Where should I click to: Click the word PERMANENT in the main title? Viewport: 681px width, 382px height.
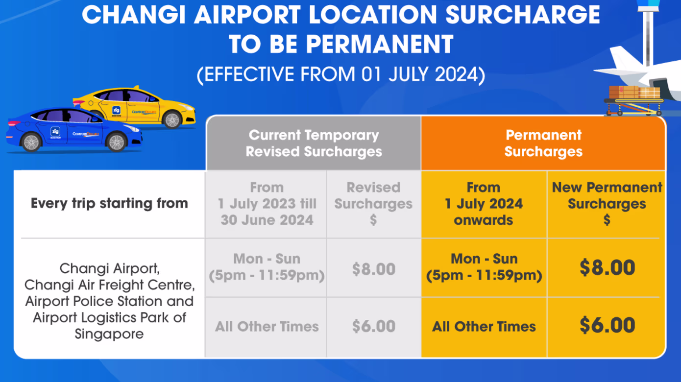[x=379, y=44]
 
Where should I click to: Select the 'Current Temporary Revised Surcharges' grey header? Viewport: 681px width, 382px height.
[x=314, y=143]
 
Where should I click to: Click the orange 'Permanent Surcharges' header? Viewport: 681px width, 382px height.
[x=544, y=143]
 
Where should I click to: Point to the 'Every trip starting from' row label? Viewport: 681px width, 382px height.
[x=109, y=203]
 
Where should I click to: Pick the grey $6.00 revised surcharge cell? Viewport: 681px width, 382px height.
[x=374, y=326]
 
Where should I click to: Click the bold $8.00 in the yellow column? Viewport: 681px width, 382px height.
[x=607, y=267]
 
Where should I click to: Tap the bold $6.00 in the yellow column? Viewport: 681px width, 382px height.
[x=607, y=325]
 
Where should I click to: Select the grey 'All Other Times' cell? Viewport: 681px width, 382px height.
[x=267, y=327]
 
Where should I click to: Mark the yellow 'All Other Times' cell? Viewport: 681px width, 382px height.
[x=484, y=327]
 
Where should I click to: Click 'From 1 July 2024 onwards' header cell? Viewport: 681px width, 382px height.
[x=484, y=204]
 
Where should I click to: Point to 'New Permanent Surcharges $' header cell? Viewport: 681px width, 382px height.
[x=607, y=204]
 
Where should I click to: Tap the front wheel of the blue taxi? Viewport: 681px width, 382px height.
[x=117, y=142]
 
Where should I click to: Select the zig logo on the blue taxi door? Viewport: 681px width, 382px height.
[x=55, y=132]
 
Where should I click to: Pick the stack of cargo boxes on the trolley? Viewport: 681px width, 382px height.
[x=634, y=92]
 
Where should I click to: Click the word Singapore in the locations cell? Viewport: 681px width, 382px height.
[x=109, y=334]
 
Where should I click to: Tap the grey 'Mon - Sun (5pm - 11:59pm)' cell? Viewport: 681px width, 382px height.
[x=267, y=267]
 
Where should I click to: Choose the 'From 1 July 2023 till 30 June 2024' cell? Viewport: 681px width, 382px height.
[x=267, y=204]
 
